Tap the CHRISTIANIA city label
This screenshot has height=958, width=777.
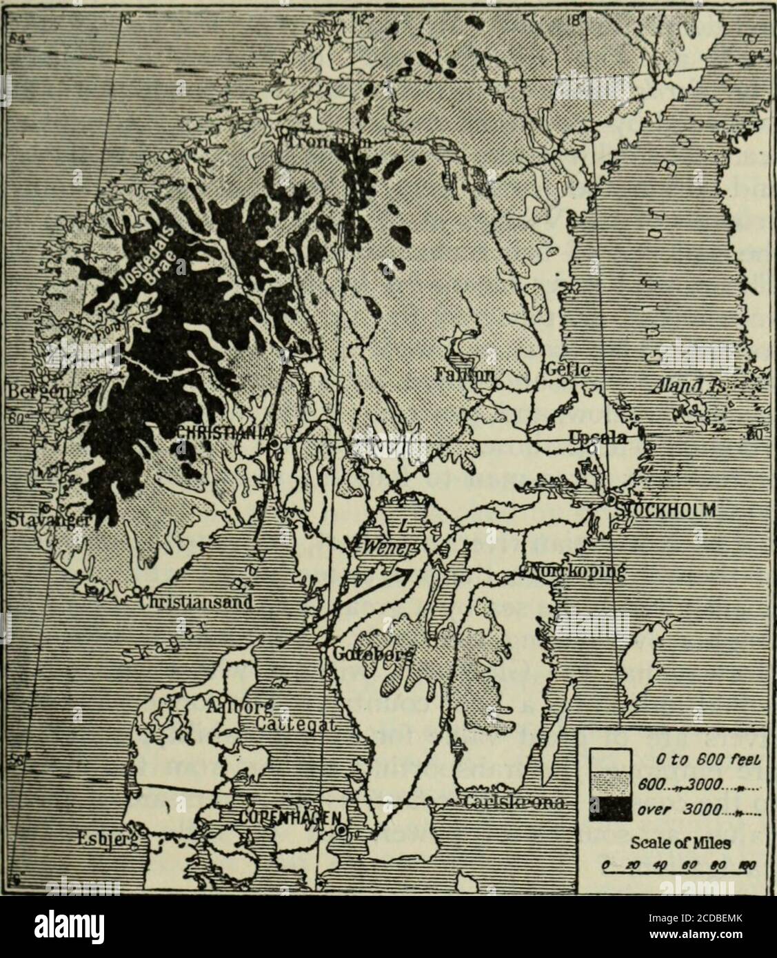pyautogui.click(x=219, y=431)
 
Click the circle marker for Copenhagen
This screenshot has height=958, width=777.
pyautogui.click(x=341, y=833)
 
